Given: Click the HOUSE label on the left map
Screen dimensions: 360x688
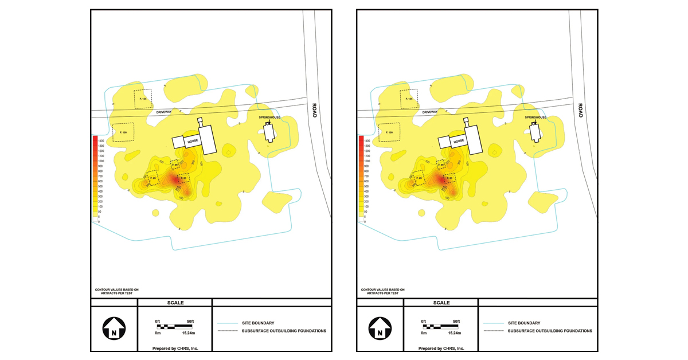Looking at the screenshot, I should (x=192, y=141).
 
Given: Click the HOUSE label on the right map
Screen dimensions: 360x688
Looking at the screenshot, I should (x=458, y=141).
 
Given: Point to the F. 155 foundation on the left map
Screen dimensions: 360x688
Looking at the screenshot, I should (x=143, y=99).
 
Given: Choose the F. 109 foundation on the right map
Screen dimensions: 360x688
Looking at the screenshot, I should (x=389, y=132).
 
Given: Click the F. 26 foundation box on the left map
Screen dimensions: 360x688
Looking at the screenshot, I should (x=153, y=178).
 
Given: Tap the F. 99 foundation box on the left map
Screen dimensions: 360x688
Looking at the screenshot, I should (x=175, y=165).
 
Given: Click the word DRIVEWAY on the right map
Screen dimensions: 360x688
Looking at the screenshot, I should (x=430, y=112).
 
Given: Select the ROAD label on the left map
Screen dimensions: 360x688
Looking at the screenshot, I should (x=314, y=111).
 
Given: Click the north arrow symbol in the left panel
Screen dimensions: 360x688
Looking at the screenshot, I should (x=114, y=330).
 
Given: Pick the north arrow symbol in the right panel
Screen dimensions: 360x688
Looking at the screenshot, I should (x=380, y=330).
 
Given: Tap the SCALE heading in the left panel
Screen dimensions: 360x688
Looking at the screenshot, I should (x=175, y=303).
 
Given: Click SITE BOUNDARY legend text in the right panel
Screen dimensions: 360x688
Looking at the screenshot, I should (x=524, y=323).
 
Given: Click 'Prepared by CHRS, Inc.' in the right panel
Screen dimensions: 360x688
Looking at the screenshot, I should (x=441, y=348).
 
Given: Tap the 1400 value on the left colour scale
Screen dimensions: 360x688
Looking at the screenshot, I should (x=101, y=140).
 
